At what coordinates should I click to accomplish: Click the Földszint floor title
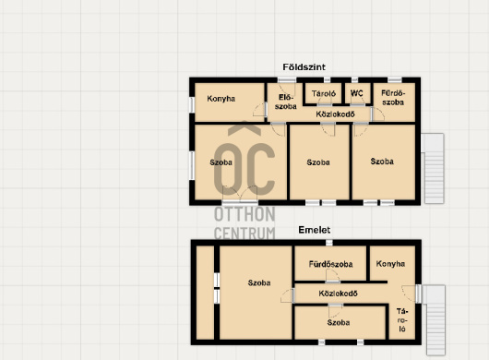[304, 67]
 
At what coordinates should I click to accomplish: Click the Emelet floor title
[315, 230]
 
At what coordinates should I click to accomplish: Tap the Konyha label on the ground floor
[221, 99]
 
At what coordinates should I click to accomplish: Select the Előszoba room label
[286, 102]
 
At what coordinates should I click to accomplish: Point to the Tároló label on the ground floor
[324, 93]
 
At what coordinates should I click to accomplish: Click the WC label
[357, 93]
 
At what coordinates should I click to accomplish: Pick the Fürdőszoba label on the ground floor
[393, 98]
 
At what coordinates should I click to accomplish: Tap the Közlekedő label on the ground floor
[335, 114]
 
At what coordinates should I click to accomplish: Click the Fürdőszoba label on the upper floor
[331, 264]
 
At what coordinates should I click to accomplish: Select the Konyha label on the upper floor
[391, 264]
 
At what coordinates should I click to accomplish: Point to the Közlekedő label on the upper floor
[338, 294]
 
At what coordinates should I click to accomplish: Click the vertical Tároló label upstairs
[402, 320]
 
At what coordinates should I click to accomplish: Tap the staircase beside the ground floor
[434, 168]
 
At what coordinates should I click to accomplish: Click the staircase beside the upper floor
[435, 320]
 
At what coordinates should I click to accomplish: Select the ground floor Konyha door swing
[258, 110]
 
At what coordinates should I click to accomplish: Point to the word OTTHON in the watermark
[244, 214]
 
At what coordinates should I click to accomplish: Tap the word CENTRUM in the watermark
[244, 234]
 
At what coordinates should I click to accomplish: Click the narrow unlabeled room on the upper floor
[205, 293]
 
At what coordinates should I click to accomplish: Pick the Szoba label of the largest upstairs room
[259, 283]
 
